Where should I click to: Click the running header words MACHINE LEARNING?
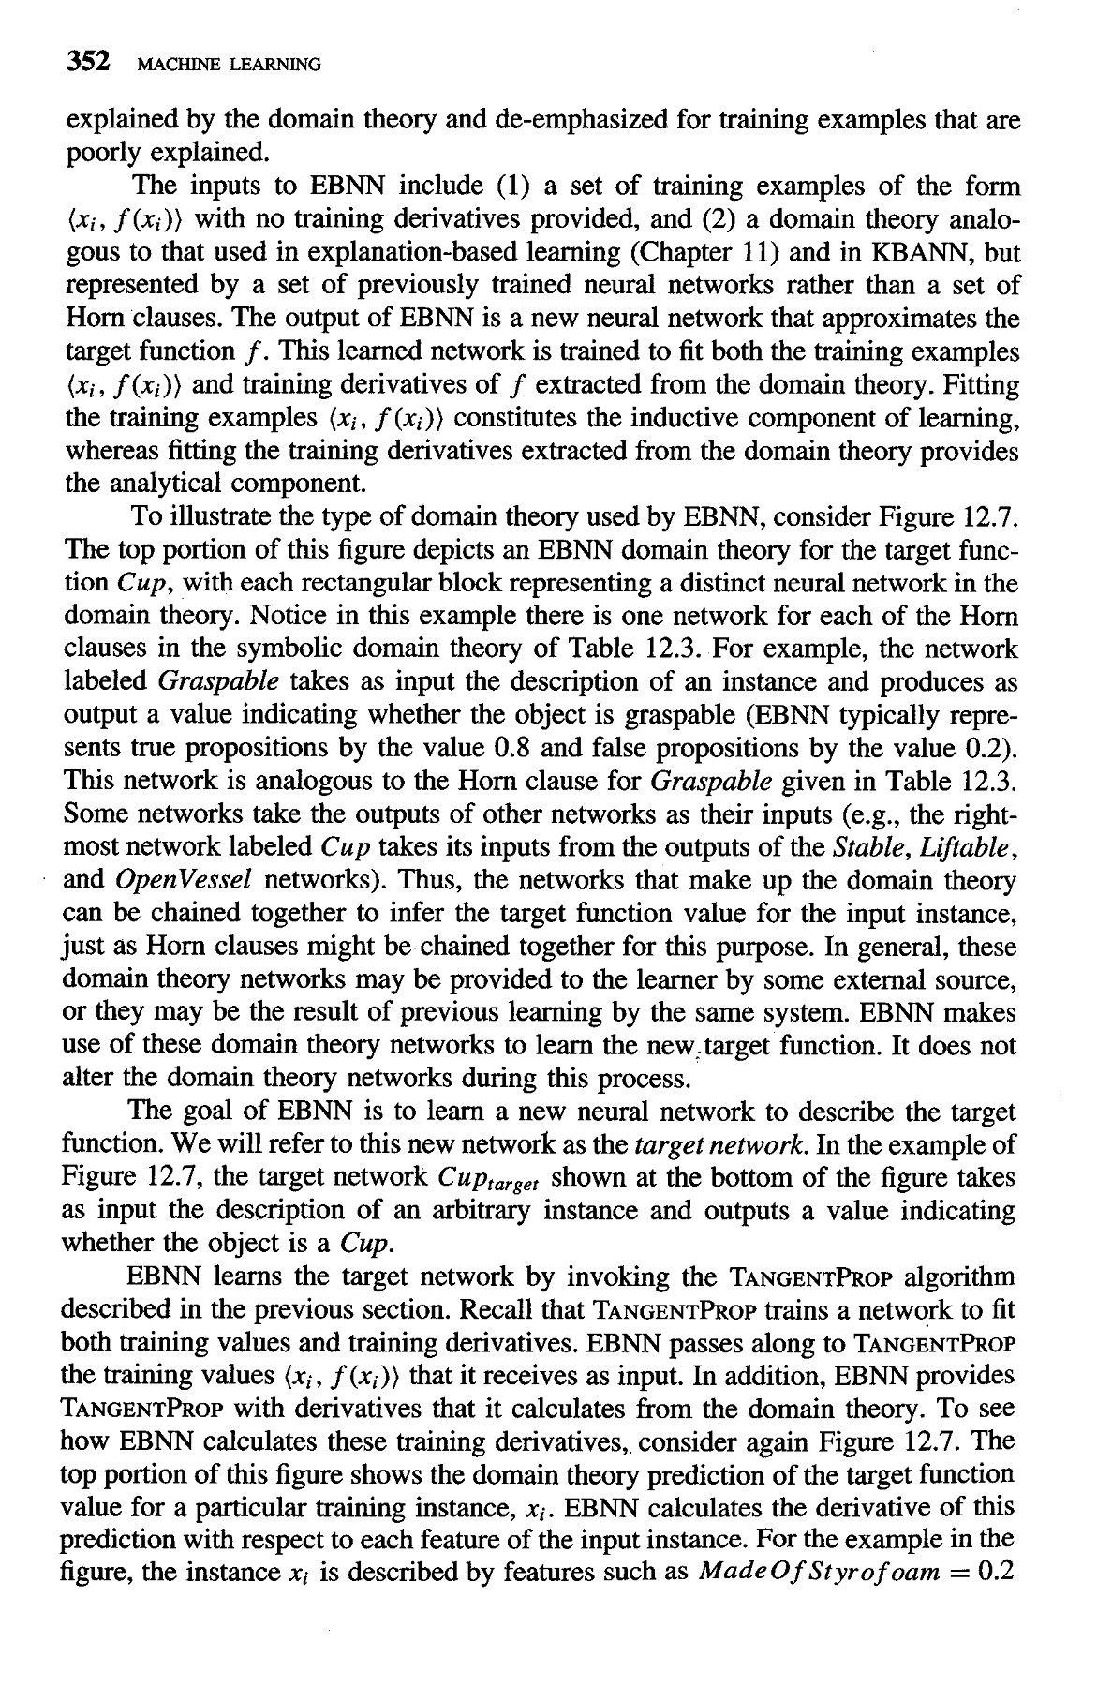tap(229, 65)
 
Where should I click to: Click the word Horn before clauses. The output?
tap(88, 319)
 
